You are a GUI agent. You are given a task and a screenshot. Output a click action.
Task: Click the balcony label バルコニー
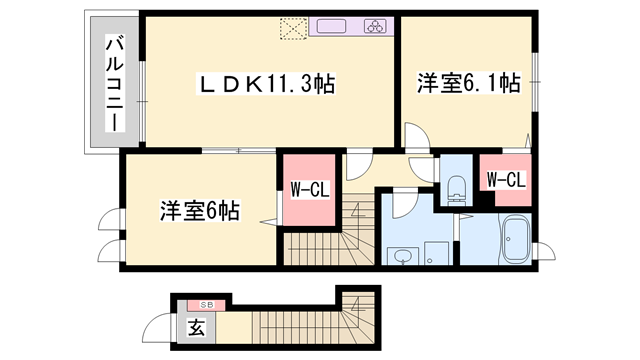[x=114, y=83]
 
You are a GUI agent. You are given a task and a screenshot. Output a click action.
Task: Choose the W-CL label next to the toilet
[x=505, y=180]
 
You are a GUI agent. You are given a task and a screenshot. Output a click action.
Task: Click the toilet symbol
[x=455, y=186]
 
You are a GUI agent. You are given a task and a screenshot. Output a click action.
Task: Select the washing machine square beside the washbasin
[x=434, y=254]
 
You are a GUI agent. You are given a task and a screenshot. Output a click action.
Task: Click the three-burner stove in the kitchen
[x=376, y=27]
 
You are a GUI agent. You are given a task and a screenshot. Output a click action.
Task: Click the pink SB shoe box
[x=207, y=303]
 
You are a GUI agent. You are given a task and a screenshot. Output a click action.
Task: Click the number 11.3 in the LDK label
[x=289, y=86]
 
